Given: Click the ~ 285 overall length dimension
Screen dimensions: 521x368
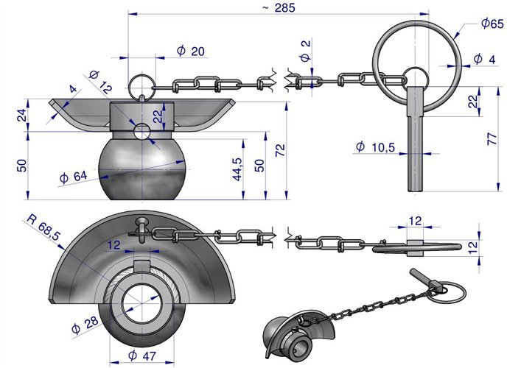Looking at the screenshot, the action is coord(279,7).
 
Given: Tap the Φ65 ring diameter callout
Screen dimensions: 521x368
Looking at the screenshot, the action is coord(492,24).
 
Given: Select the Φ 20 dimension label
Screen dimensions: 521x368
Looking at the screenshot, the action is coord(191,51).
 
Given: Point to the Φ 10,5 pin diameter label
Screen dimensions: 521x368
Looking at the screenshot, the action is coord(375,146).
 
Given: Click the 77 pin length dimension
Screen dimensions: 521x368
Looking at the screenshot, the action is coord(492,138).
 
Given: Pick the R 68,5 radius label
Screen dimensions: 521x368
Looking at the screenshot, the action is coord(44,227).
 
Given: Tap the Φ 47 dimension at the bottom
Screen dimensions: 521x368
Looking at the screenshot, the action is coord(142,355).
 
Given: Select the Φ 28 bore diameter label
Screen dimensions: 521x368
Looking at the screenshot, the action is coord(85,325).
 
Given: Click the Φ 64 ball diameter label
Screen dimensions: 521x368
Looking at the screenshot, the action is coord(74,177).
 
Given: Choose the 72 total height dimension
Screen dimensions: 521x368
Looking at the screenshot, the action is coord(280,150).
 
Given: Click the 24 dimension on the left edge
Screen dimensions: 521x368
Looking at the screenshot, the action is coord(21,116).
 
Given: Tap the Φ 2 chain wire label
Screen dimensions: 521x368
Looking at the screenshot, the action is coord(305,51).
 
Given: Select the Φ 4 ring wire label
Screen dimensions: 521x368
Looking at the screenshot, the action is coord(484,59).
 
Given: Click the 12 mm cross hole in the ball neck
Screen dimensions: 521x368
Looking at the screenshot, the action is coord(142,132).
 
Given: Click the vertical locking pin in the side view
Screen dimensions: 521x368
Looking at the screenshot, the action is coord(416,138).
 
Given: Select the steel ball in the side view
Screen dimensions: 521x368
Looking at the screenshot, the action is coord(142,169).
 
